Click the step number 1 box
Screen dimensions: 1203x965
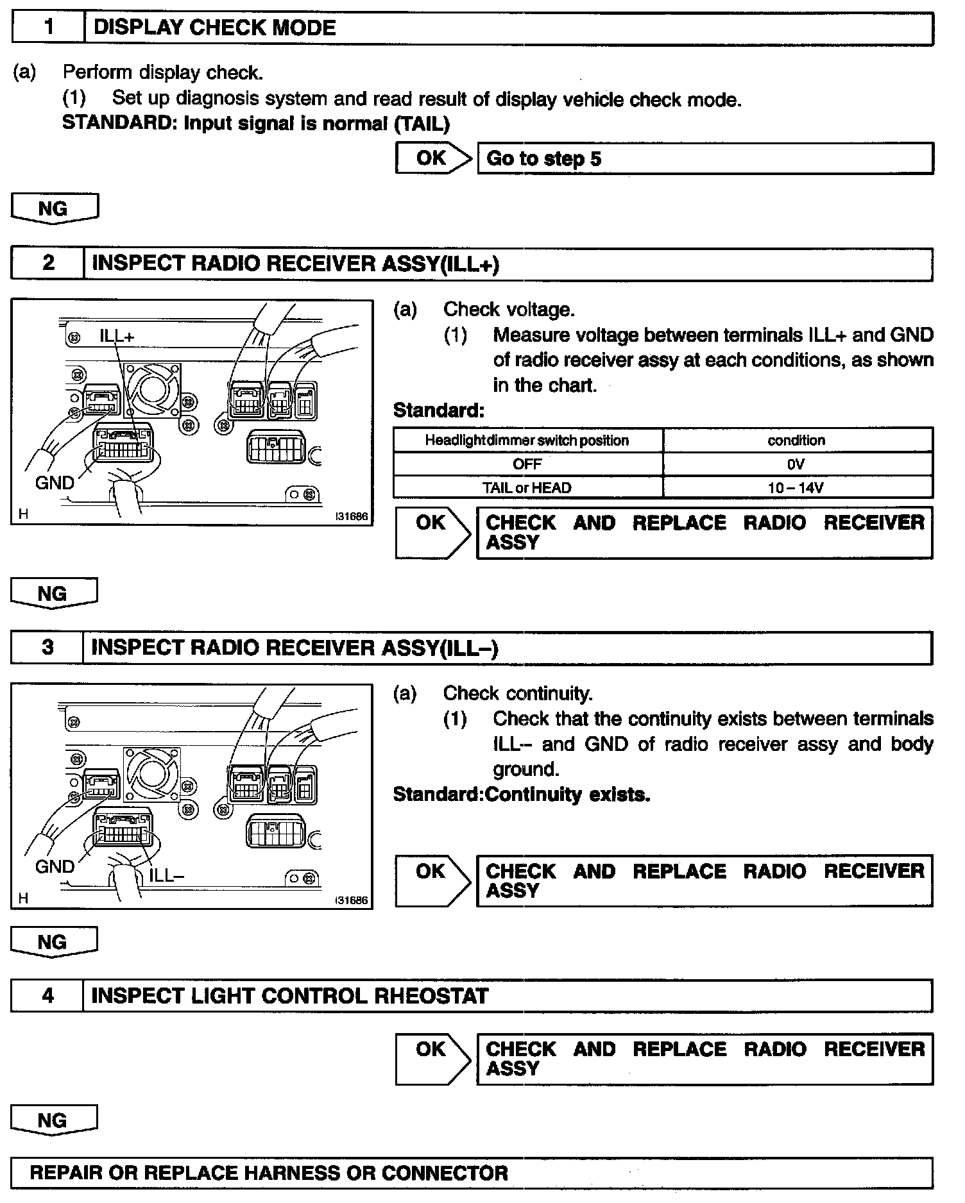coord(49,28)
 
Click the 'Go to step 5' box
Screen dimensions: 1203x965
coord(705,158)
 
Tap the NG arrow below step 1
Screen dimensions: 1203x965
coord(54,209)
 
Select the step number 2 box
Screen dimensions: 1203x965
coord(48,264)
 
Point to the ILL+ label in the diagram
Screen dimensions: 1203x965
coord(117,335)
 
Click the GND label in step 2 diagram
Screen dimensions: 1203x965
coord(55,482)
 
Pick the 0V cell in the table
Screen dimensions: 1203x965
coord(796,464)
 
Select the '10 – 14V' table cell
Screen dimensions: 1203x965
coord(796,487)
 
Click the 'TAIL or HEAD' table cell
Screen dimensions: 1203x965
coord(527,487)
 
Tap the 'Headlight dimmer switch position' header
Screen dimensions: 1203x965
coord(527,440)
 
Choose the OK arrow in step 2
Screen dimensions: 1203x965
coord(432,532)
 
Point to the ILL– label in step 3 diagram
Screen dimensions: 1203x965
coord(167,875)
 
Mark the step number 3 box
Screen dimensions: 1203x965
coord(47,648)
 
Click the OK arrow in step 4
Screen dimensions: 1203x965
coord(432,1058)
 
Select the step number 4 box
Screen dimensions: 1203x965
coord(47,996)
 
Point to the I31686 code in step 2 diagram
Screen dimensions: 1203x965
coord(352,516)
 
